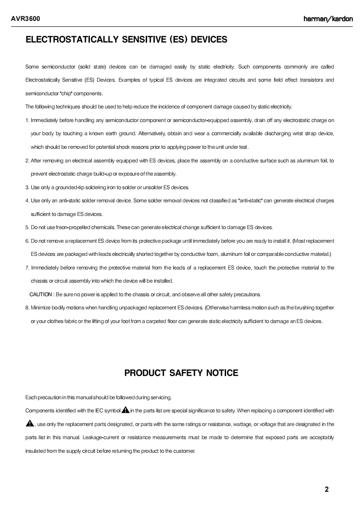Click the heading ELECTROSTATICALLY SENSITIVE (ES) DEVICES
coord(127,40)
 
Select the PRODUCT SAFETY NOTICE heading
coord(181,373)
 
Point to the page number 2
coord(327,489)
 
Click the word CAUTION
coord(41,294)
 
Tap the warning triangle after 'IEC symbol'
coord(125,411)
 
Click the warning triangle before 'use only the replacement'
coord(30,424)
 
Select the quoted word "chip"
coord(66,93)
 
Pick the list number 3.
coord(27,187)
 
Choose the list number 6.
coord(27,240)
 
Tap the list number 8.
coord(27,308)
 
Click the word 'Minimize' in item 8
coord(40,308)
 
